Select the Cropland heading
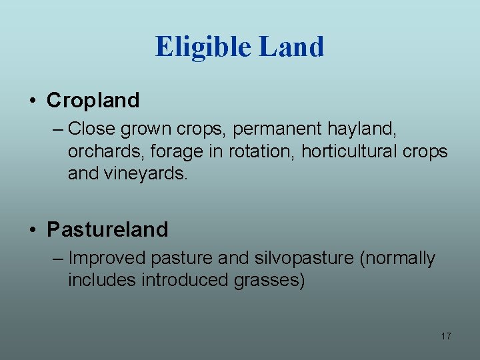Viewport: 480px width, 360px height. pos(93,101)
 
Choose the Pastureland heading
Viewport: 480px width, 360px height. pos(107,230)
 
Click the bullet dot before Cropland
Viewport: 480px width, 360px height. pos(33,101)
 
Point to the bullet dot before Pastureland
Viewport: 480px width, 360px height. pos(33,231)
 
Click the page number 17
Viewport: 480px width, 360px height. pos(446,336)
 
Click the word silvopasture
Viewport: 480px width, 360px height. pos(309,258)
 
